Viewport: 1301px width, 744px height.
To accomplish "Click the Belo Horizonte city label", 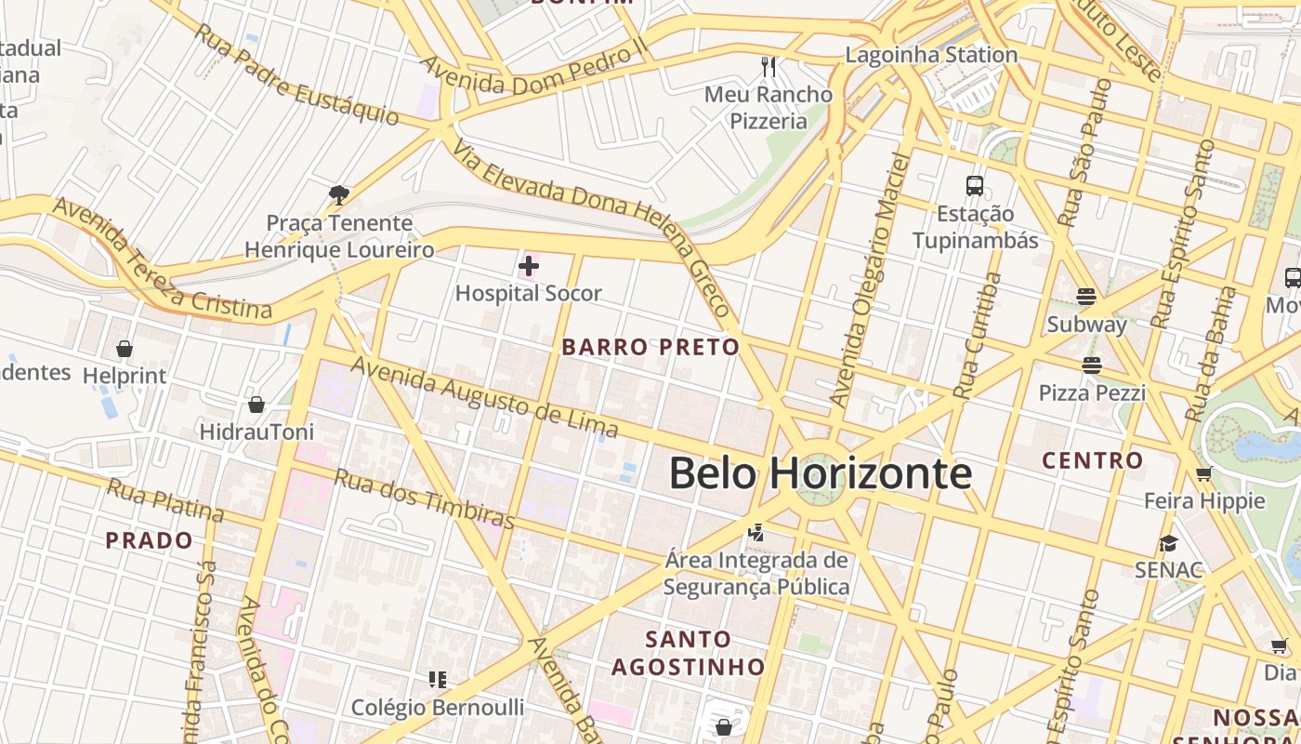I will pos(821,473).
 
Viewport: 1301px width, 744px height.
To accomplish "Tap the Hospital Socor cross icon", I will pos(528,267).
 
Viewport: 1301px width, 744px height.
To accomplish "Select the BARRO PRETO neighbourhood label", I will pos(650,348).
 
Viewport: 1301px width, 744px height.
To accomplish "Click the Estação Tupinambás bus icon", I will pos(974,186).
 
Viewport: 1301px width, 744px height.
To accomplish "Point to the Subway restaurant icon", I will pos(1086,297).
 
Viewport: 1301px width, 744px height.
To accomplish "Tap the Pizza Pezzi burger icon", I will pos(1091,365).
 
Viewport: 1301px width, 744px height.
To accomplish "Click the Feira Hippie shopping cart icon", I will pos(1204,474).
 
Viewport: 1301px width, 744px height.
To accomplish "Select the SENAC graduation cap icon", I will pos(1168,543).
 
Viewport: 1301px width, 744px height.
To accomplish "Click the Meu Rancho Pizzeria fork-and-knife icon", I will pos(768,66).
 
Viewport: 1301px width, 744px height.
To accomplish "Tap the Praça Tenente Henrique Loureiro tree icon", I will pos(339,194).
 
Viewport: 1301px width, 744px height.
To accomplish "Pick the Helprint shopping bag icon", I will pos(124,349).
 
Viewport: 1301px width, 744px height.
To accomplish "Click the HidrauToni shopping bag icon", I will pos(256,405).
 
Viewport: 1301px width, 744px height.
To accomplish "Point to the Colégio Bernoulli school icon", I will pos(438,680).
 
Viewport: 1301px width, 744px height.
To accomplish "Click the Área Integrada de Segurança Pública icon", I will pos(756,533).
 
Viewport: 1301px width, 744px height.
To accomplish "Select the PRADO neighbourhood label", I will pos(149,540).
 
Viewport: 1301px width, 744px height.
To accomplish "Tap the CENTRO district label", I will pos(1092,460).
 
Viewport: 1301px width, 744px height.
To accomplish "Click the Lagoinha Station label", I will pos(931,55).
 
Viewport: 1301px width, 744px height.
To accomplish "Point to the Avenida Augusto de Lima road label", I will pos(484,398).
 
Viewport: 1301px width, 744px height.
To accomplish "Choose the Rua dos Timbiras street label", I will pos(424,498).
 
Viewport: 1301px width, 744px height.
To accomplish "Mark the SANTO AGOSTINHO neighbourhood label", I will pos(689,653).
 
